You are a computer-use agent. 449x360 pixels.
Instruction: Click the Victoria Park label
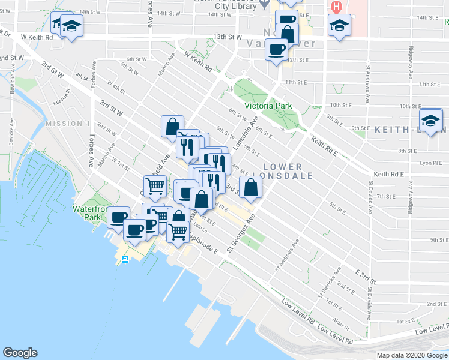point(268,106)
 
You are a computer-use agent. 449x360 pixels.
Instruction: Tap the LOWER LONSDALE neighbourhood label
point(282,170)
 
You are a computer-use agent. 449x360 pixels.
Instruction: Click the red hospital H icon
point(336,7)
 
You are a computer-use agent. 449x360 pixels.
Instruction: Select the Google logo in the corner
point(20,353)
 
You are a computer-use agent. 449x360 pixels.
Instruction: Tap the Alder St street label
point(342,326)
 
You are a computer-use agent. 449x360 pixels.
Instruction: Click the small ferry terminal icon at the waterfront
point(125,259)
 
